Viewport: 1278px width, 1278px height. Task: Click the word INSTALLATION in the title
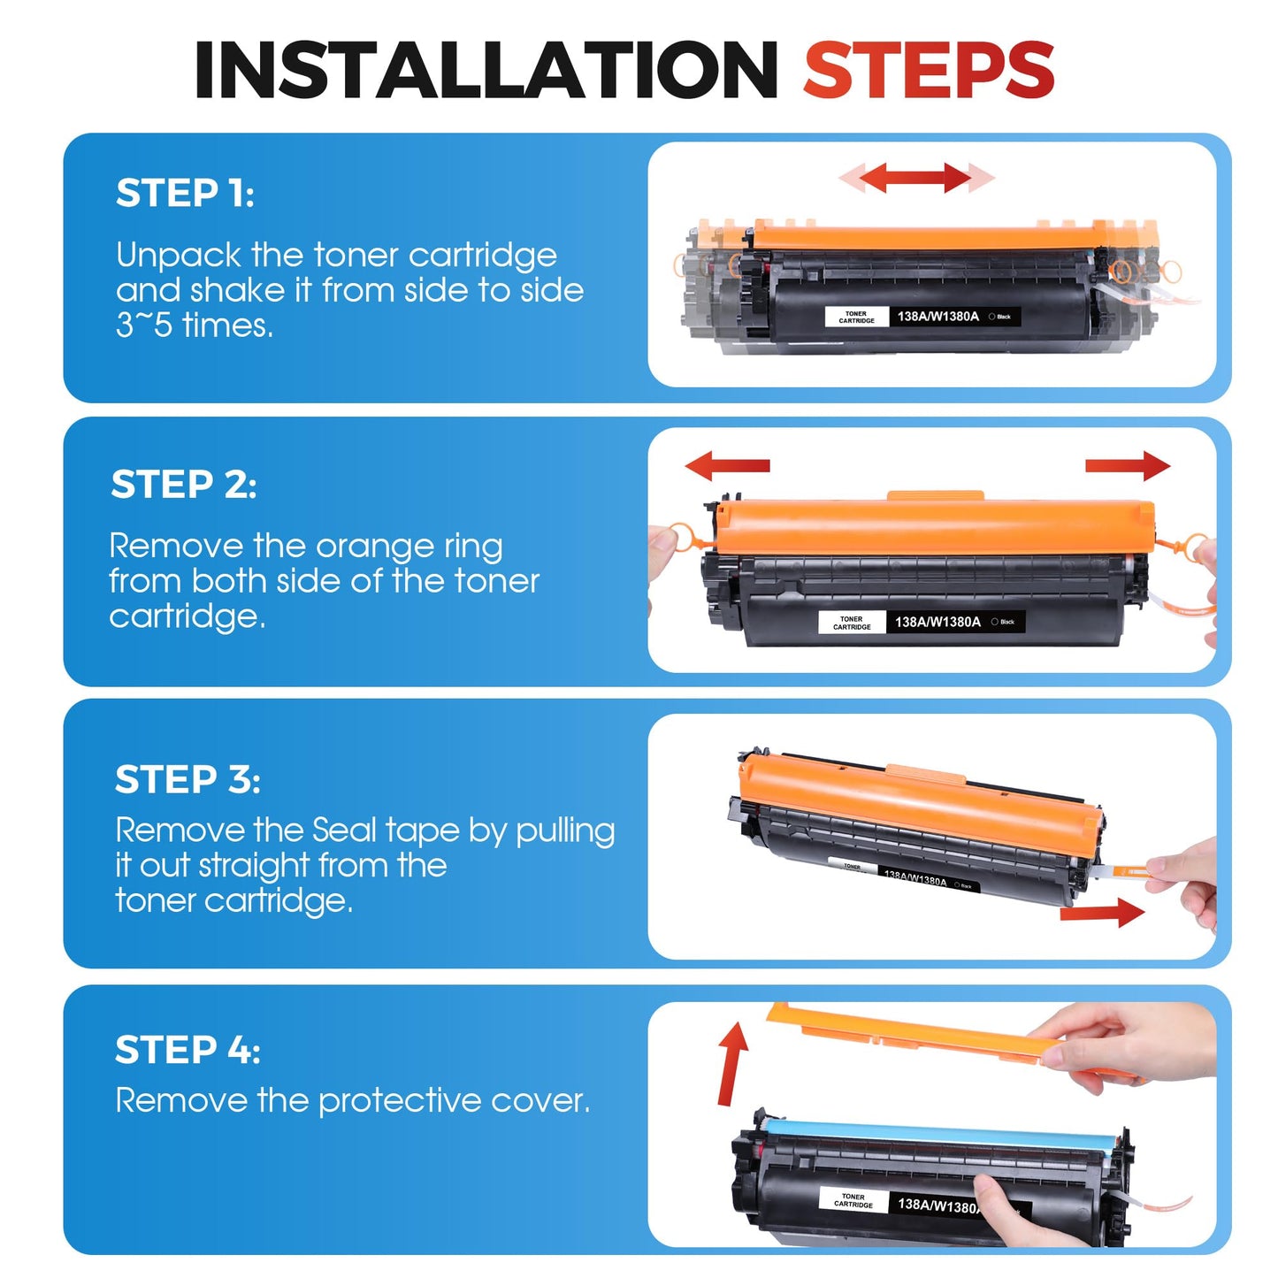tap(486, 70)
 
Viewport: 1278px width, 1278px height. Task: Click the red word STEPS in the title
tap(929, 70)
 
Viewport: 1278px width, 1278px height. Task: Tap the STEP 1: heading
tap(185, 193)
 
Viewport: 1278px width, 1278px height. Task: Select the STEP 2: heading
tap(184, 484)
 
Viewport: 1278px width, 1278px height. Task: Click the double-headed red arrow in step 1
tap(916, 178)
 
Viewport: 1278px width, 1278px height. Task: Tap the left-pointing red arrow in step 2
tap(727, 465)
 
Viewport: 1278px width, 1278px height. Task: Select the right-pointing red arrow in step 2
tap(1128, 465)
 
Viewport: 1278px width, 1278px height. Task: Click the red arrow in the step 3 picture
tap(1102, 913)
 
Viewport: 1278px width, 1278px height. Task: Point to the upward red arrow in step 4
tap(731, 1064)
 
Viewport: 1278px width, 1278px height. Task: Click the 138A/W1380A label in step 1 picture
tap(937, 317)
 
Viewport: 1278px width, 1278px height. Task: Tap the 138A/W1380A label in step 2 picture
tap(937, 622)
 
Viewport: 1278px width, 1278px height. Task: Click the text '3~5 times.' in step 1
tap(195, 325)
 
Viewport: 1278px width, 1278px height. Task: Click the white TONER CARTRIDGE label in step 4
tap(853, 1200)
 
